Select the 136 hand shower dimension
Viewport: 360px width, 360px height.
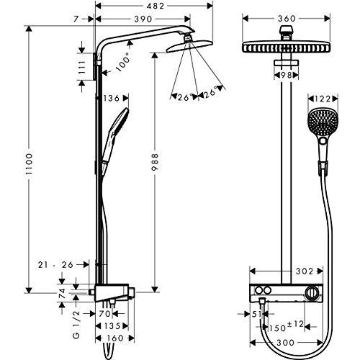111,98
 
